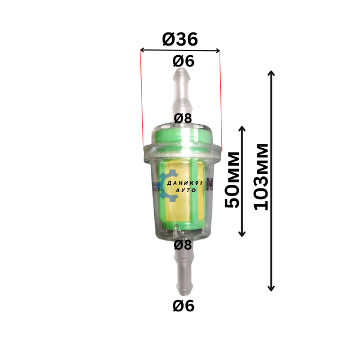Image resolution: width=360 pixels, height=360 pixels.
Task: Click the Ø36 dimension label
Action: (x=180, y=39)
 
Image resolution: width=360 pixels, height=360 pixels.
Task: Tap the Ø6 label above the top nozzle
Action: (x=184, y=61)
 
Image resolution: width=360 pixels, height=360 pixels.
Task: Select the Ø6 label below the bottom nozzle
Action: (x=184, y=306)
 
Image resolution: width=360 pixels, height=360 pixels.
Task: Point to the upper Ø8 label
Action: (x=183, y=118)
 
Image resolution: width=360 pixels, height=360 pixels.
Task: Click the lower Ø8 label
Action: (x=183, y=245)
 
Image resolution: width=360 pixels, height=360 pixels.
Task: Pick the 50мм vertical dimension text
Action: (x=232, y=180)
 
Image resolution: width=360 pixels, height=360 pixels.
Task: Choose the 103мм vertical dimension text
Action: (x=261, y=177)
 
